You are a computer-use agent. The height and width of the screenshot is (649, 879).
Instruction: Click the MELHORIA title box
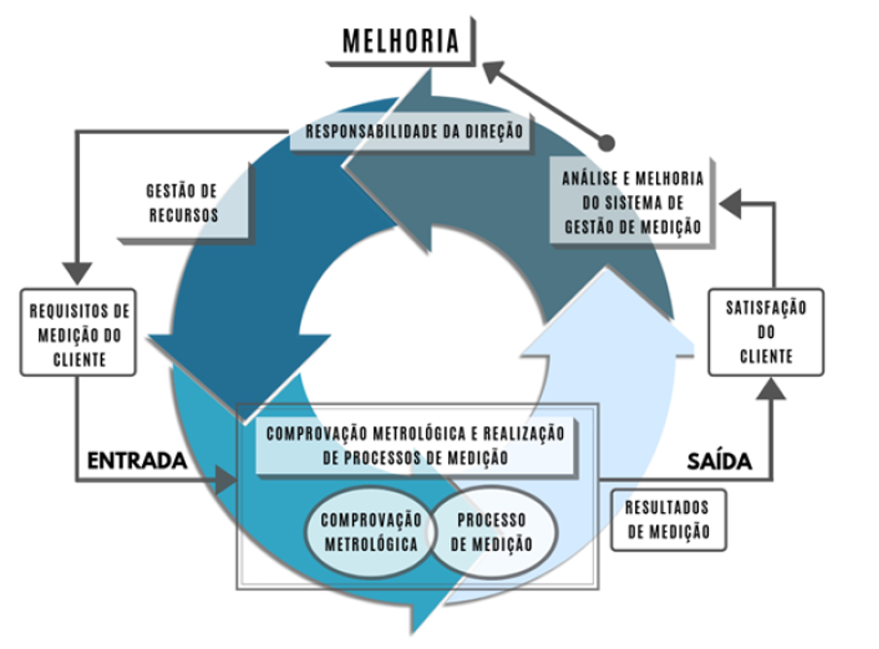pos(400,41)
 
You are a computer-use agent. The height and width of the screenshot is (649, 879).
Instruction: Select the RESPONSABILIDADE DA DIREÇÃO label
pos(414,130)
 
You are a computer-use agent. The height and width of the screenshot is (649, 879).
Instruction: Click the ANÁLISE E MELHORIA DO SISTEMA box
pos(632,202)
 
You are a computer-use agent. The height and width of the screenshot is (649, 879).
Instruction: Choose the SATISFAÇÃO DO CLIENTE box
pos(765,331)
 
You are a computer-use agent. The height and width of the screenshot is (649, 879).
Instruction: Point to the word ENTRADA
pos(137,461)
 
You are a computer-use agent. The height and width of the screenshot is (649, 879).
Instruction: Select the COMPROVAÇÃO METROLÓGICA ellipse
pos(371,531)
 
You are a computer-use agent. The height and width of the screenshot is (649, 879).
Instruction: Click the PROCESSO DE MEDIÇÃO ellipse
pos(493,531)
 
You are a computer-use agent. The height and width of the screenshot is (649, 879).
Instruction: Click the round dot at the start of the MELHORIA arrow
pos(608,142)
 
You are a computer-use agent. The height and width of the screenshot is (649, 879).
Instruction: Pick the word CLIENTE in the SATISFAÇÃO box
pos(765,357)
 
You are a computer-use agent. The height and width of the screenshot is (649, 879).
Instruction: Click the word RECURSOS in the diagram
pos(183,215)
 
